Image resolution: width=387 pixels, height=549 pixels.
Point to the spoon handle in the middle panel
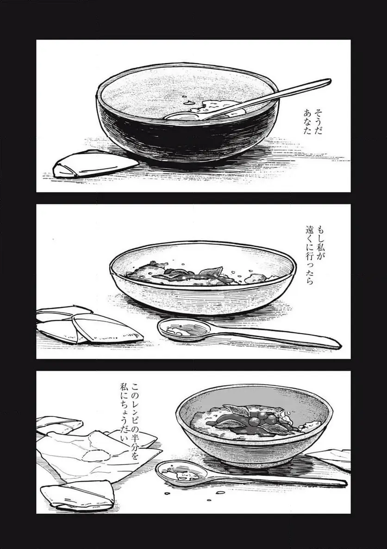278,338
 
